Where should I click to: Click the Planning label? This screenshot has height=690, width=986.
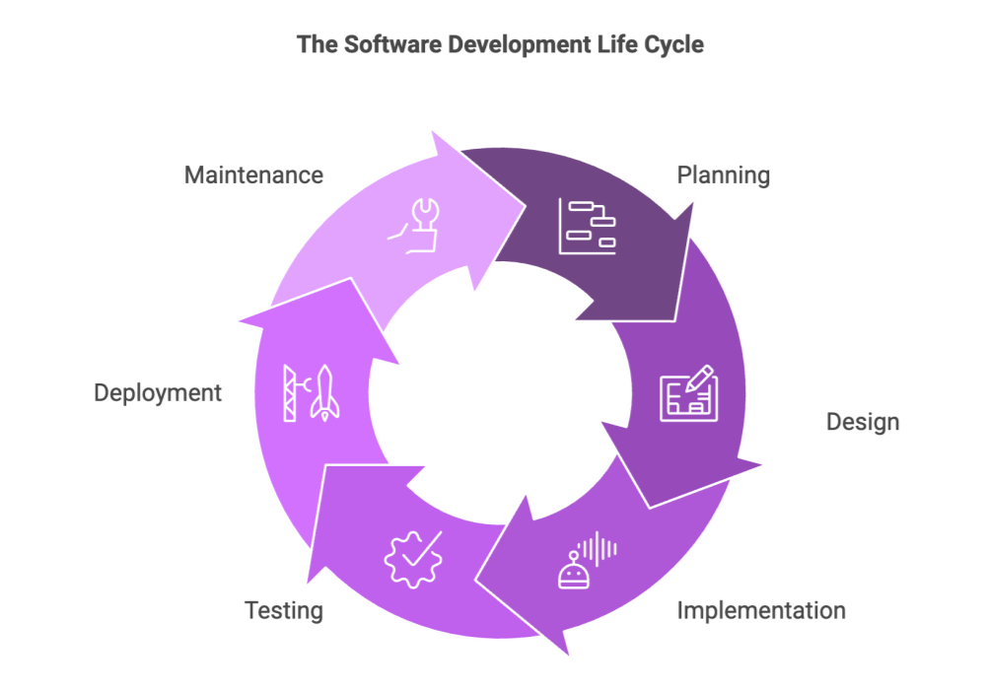723,175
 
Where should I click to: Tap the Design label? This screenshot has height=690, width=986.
862,422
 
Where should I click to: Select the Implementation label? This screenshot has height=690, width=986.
761,610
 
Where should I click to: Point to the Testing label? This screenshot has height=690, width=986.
284,610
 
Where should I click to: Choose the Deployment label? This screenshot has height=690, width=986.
157,392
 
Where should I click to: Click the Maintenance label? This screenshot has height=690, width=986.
253,175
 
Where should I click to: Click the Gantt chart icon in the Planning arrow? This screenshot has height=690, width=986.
588,227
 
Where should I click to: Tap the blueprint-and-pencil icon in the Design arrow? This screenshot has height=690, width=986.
688,392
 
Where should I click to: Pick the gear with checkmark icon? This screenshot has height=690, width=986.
413,559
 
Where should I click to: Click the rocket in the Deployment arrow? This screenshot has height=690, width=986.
324,392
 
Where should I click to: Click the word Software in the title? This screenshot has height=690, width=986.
393,44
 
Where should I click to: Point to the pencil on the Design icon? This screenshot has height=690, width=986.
699,379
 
